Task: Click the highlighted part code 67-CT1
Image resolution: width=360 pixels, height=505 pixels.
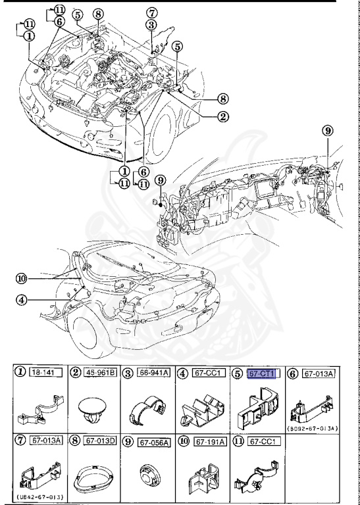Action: tap(262, 373)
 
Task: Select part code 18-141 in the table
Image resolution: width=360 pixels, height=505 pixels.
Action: tap(41, 373)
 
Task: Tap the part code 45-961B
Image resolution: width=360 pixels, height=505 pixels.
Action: tap(101, 373)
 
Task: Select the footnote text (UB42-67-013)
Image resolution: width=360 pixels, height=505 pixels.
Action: tap(37, 495)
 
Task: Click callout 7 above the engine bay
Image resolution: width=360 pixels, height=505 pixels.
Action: tap(151, 13)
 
